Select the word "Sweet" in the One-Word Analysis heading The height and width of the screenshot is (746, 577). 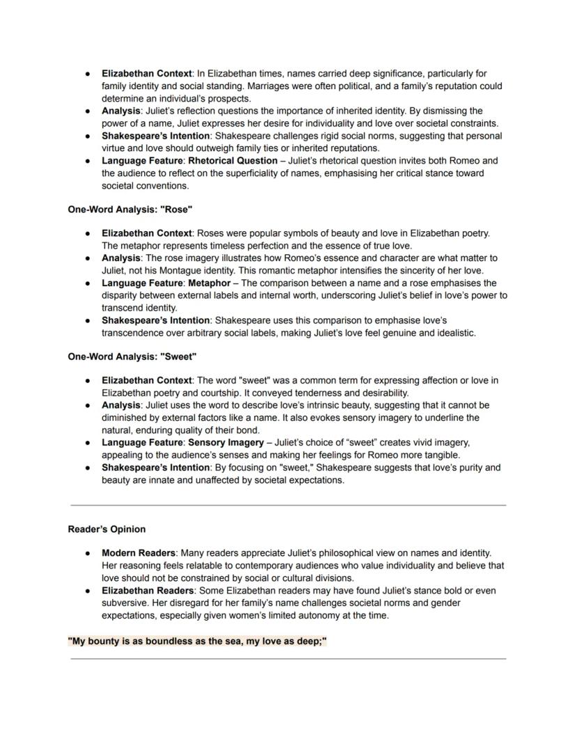178,357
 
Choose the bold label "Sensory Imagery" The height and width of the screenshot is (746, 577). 226,442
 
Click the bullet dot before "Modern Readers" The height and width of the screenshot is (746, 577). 87,553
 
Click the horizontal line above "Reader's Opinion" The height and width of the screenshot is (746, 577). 288,505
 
